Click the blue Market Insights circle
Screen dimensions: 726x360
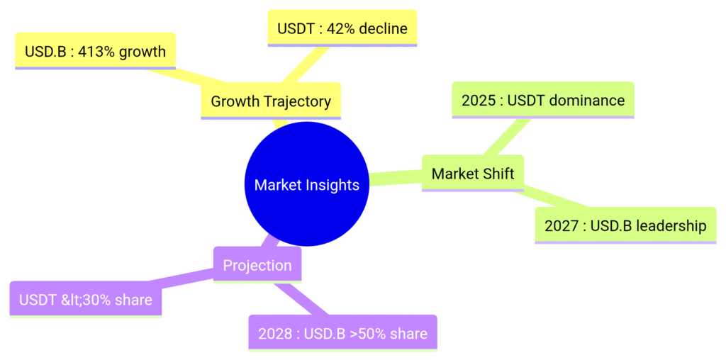(306, 184)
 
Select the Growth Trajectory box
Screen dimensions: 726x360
(271, 101)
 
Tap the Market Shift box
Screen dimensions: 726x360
(473, 174)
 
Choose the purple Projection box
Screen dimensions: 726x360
(257, 265)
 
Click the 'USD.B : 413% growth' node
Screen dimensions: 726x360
(96, 51)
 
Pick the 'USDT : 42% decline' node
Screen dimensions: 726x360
(342, 28)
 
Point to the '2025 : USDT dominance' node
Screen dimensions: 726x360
(543, 100)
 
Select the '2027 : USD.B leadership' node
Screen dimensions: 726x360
(625, 225)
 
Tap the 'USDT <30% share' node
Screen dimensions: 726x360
(86, 299)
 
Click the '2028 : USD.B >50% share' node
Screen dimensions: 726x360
(342, 333)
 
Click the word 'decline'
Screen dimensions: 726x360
(383, 28)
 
